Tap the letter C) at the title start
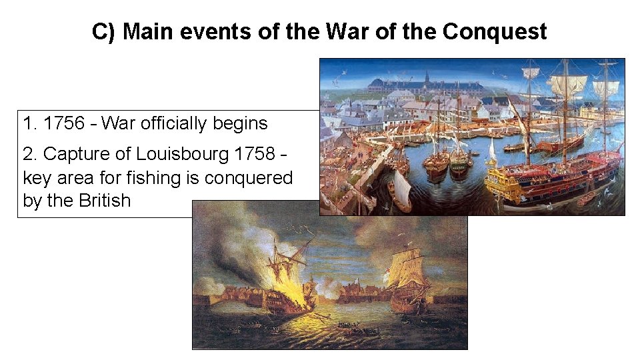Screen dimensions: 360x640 (x=104, y=31)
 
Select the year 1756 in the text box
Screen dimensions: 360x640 (x=64, y=123)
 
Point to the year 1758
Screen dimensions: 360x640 (x=253, y=154)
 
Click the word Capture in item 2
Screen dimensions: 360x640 (x=71, y=154)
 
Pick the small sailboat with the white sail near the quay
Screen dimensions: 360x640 (x=400, y=190)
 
